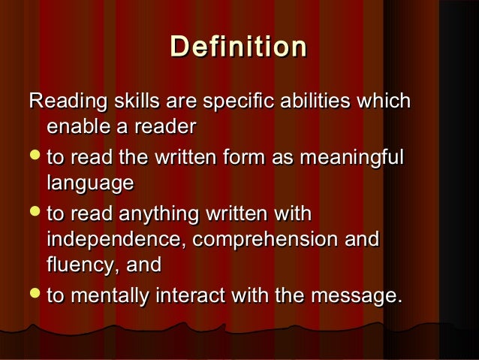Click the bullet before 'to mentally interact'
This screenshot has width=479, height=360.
tap(35, 297)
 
